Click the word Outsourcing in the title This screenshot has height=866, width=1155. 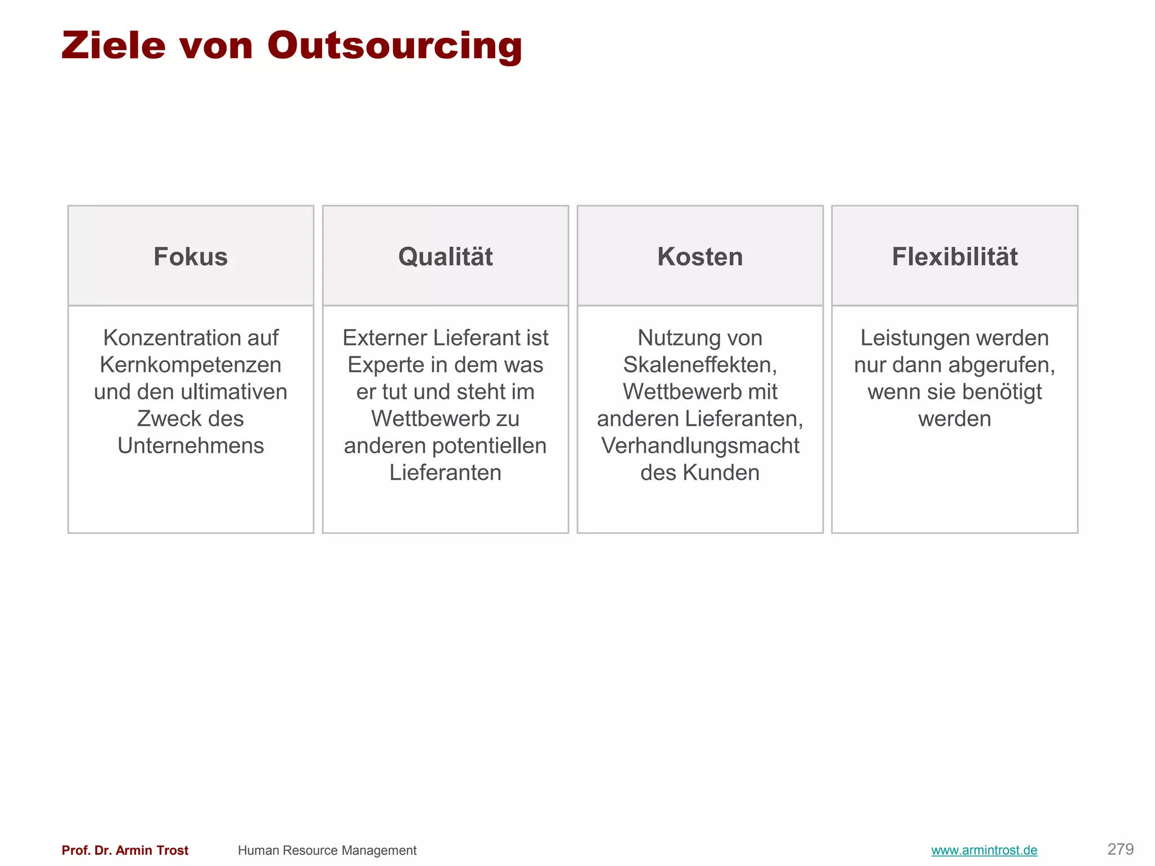[x=395, y=46]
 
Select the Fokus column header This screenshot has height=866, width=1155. [x=191, y=257]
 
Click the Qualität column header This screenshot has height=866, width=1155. [x=446, y=257]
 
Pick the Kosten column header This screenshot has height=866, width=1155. [x=700, y=257]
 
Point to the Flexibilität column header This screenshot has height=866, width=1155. [x=954, y=257]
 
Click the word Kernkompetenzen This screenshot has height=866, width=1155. [x=191, y=365]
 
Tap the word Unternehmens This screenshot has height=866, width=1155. [x=191, y=445]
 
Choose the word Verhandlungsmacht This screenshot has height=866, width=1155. [x=700, y=445]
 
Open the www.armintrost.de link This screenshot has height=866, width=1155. [x=984, y=850]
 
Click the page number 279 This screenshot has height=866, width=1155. [x=1120, y=849]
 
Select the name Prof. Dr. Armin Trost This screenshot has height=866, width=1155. [x=125, y=850]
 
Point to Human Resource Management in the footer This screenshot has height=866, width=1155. [x=327, y=850]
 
